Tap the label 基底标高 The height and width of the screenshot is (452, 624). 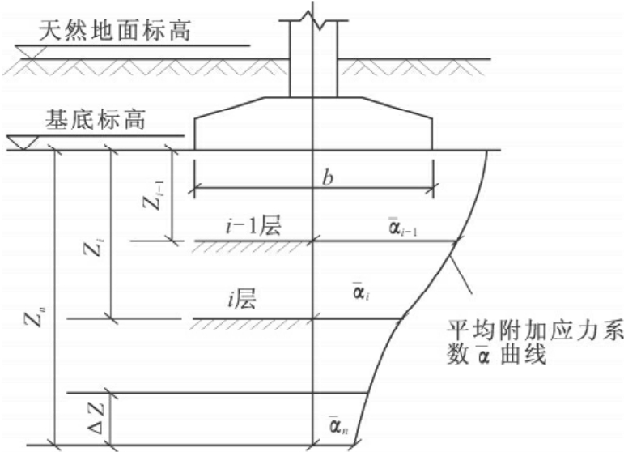point(95,122)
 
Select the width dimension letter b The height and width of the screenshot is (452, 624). point(327,178)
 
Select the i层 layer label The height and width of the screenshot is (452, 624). point(240,302)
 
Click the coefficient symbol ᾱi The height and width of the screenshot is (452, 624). point(359,291)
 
